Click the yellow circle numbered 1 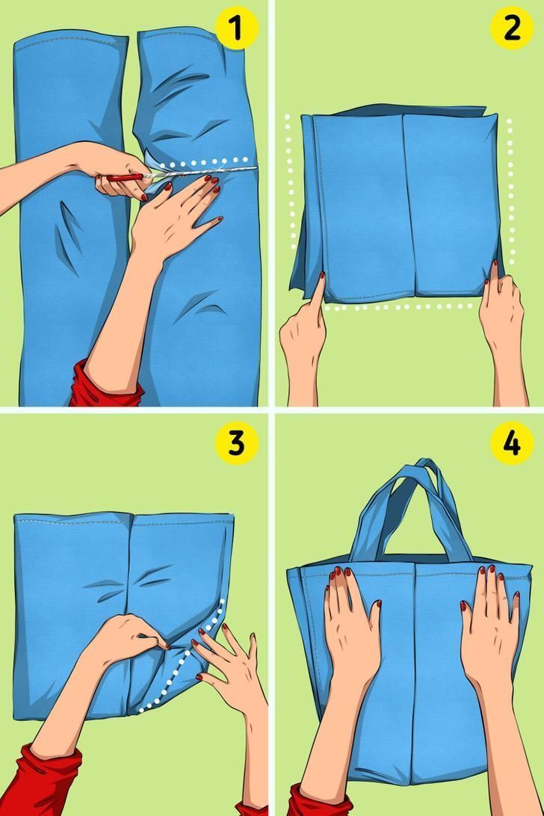click(x=237, y=28)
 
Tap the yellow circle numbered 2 click(x=512, y=28)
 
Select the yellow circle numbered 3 click(x=237, y=443)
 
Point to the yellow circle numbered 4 click(x=512, y=443)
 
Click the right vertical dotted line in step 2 click(x=511, y=193)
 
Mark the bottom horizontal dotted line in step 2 click(x=398, y=307)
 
